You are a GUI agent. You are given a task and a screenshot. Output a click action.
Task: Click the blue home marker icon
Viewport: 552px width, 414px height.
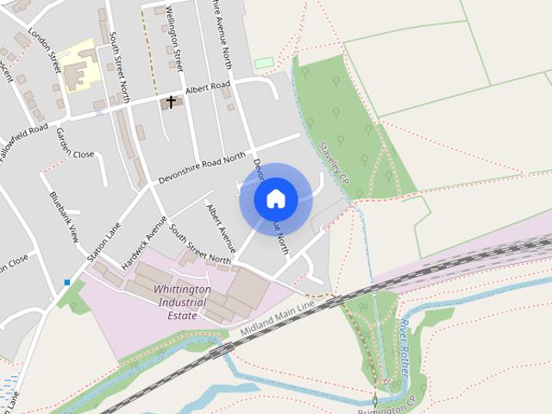pyautogui.click(x=276, y=198)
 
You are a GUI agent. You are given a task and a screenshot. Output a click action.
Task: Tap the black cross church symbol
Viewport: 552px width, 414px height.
pyautogui.click(x=171, y=103)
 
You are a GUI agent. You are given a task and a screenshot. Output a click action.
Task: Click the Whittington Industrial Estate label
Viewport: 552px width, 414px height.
pyautogui.click(x=180, y=303)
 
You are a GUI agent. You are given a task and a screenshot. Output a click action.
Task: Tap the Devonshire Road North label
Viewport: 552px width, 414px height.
pyautogui.click(x=202, y=169)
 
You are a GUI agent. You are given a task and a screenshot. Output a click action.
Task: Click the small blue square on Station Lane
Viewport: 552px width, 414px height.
pyautogui.click(x=67, y=282)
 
